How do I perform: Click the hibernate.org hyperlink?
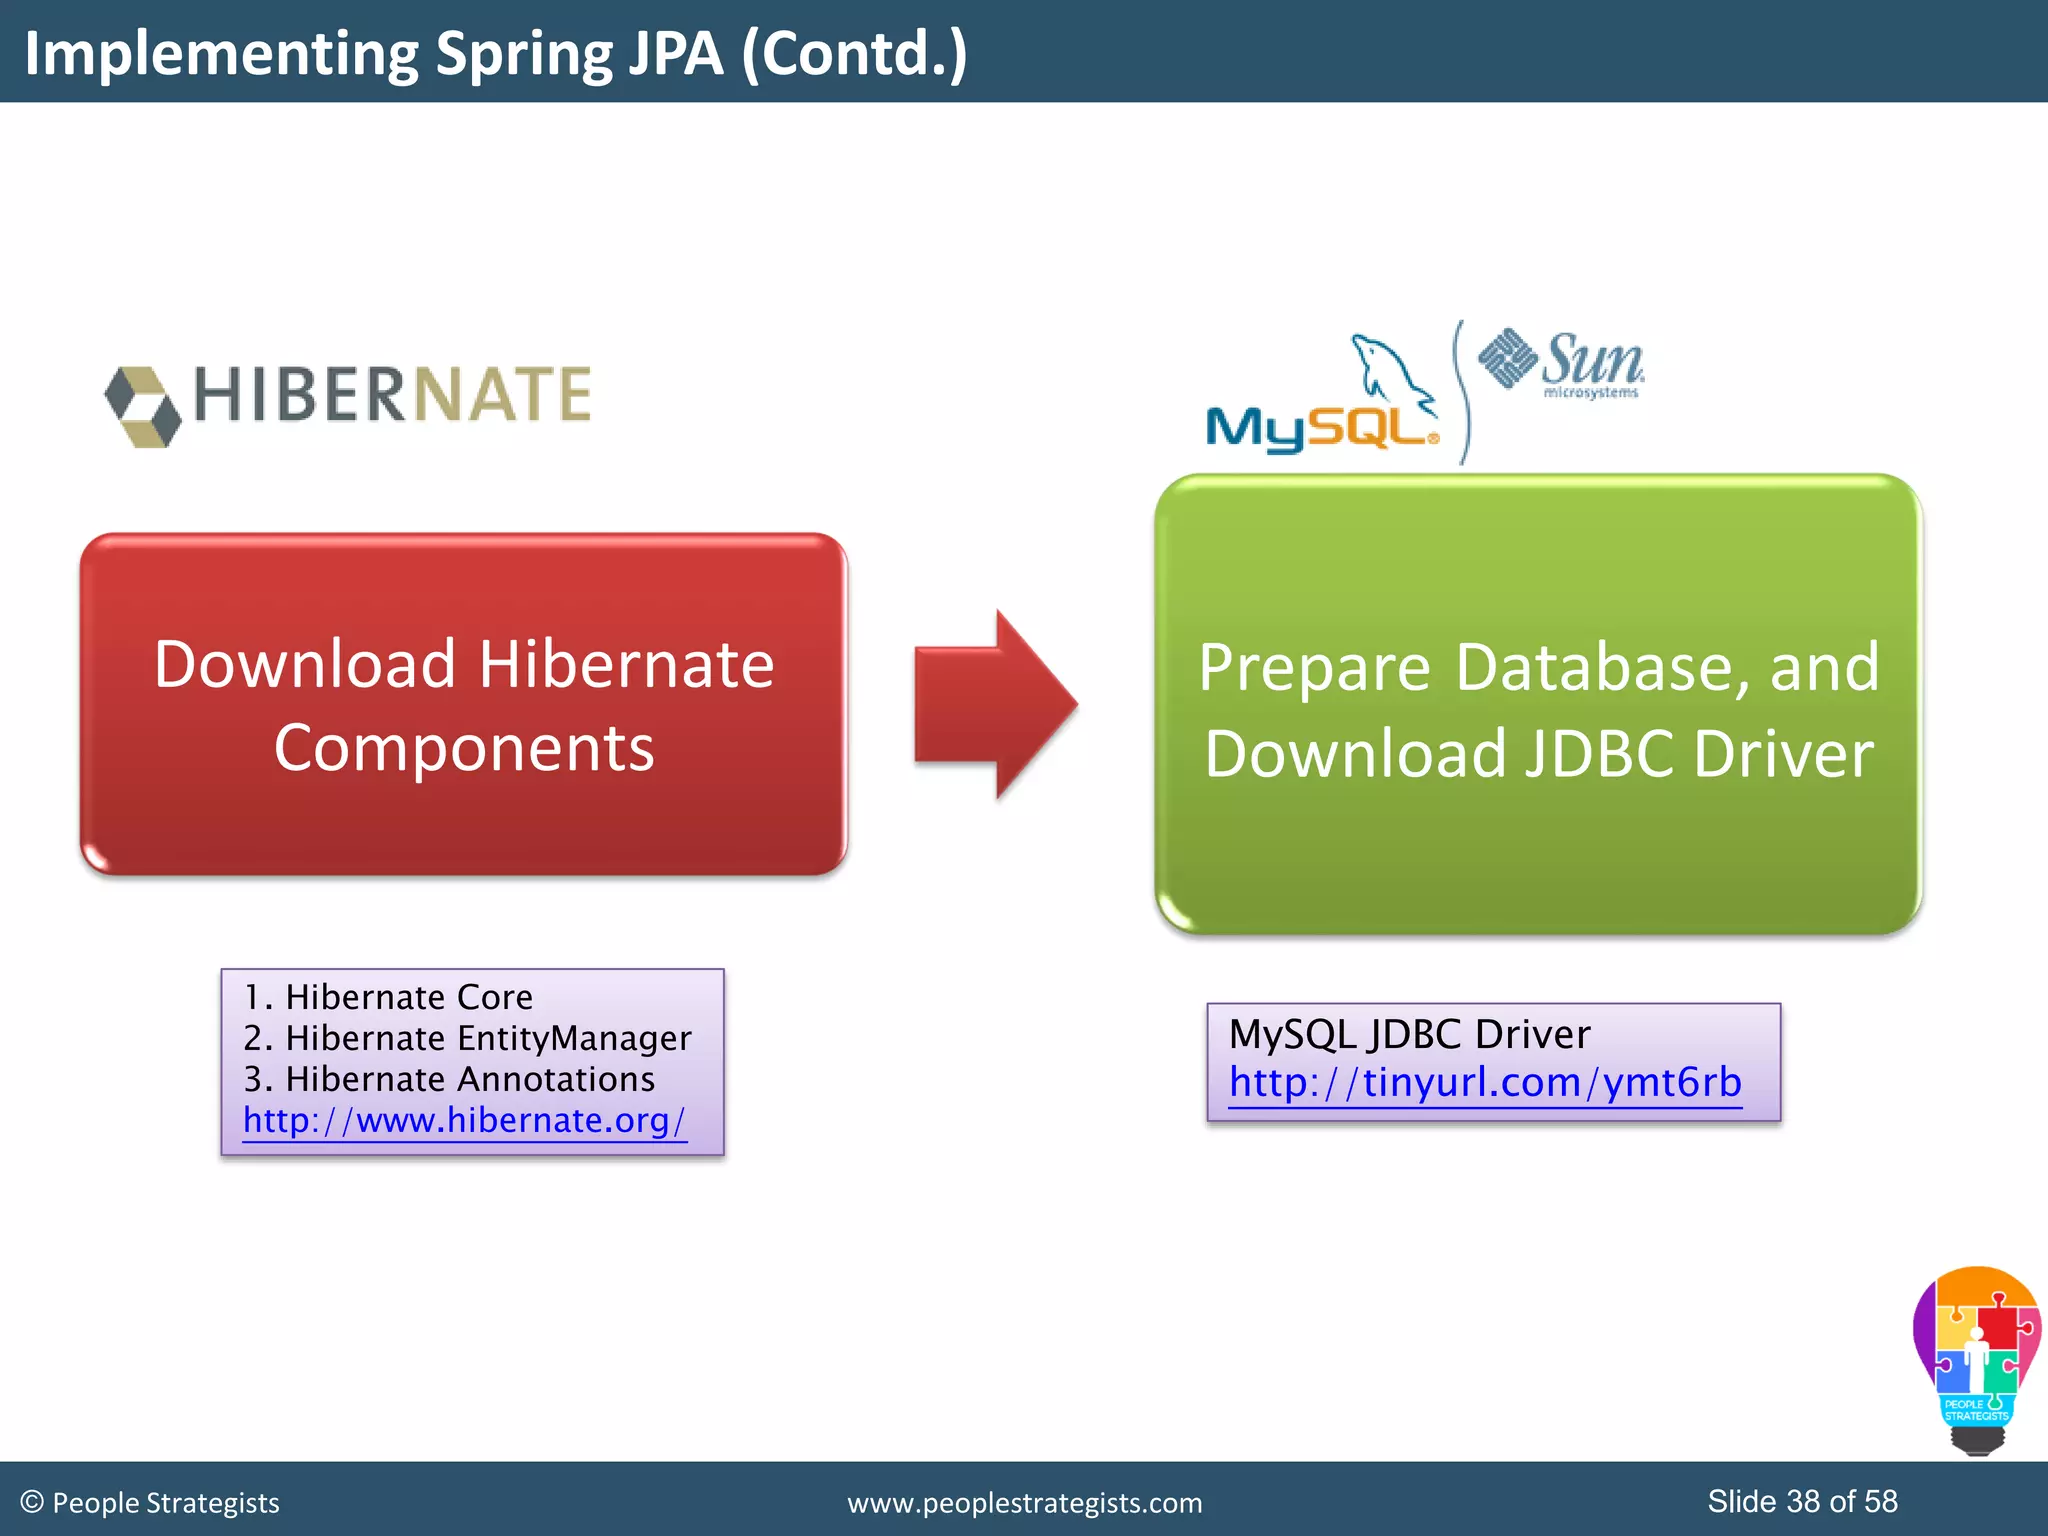464,1120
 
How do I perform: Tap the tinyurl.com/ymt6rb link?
1485,1082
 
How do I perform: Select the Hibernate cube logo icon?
144,406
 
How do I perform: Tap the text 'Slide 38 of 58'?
1802,1501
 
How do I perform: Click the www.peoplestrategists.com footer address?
1025,1503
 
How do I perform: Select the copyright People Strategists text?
150,1503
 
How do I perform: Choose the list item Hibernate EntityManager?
467,1038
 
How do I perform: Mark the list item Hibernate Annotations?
449,1079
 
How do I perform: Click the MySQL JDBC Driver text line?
1409,1034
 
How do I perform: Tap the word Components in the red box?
464,748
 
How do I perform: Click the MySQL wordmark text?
1320,428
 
